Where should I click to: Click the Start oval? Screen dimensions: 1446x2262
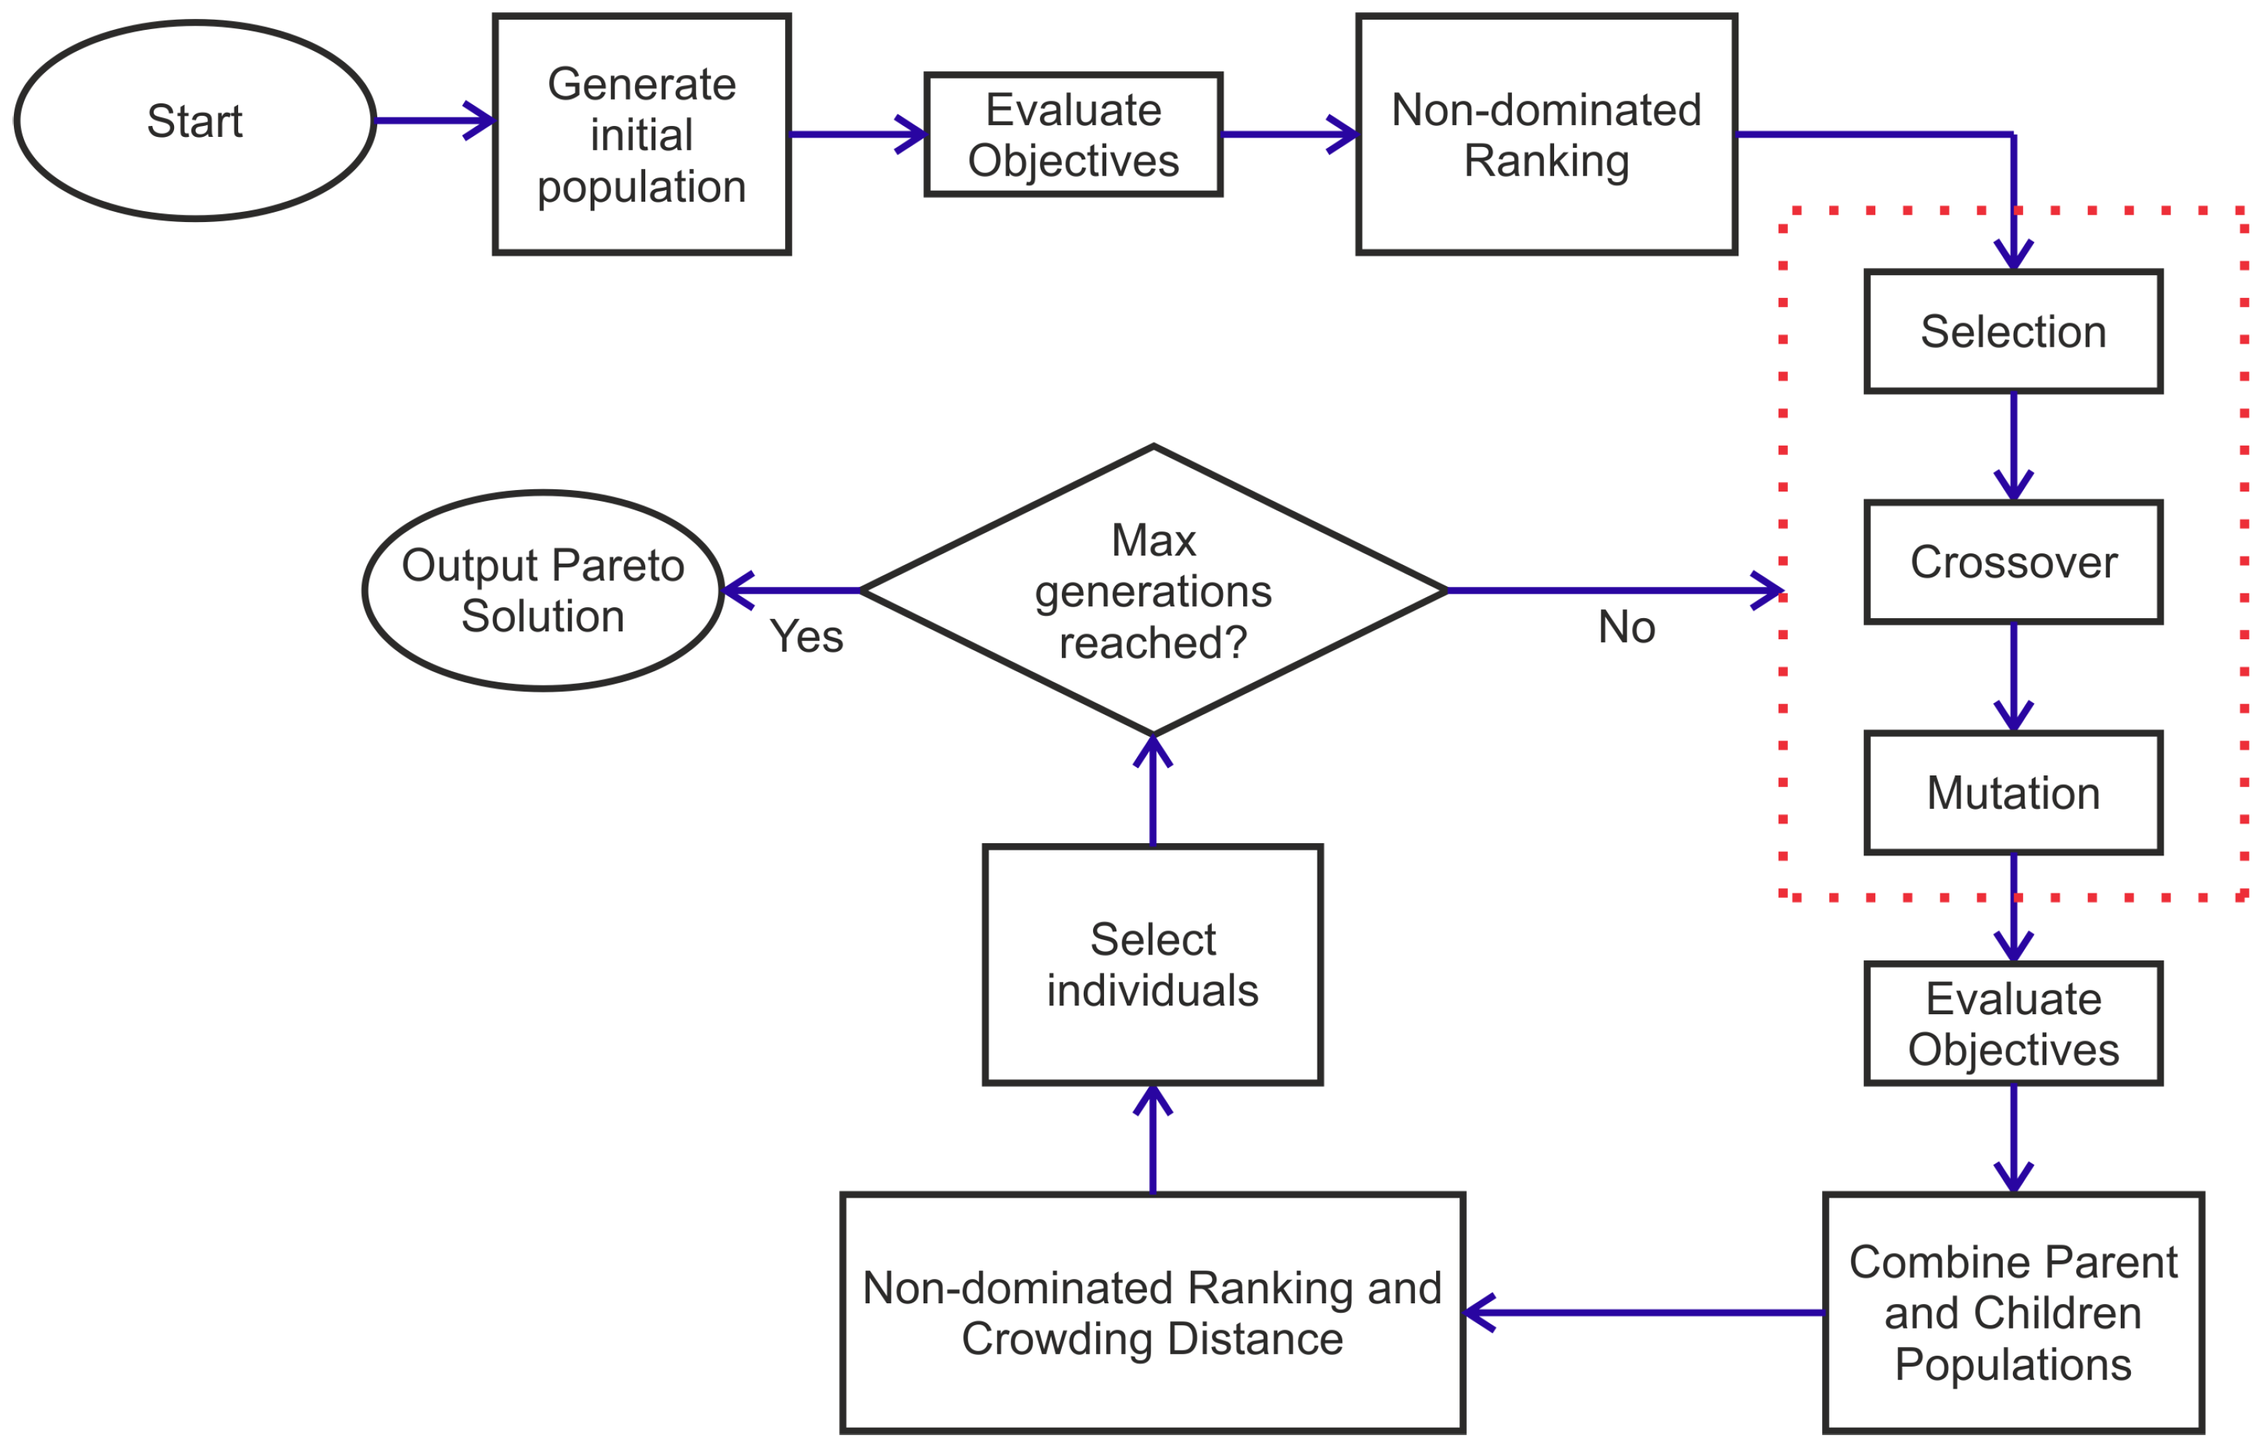(x=194, y=120)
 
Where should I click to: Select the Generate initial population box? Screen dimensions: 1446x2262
(x=642, y=134)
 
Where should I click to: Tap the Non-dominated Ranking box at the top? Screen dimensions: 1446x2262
(x=1546, y=134)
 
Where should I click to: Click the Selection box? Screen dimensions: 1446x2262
(x=2013, y=331)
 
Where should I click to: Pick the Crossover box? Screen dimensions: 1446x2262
(x=2013, y=562)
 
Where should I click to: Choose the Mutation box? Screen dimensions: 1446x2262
(x=2013, y=794)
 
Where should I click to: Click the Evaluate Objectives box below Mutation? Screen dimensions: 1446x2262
(x=2013, y=1024)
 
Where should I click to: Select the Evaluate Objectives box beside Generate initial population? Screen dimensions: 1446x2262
(x=1073, y=134)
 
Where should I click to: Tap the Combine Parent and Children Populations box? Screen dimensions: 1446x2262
(x=2013, y=1313)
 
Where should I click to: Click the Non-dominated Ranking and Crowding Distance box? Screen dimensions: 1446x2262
(x=1153, y=1313)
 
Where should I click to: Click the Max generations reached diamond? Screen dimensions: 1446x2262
(x=1153, y=590)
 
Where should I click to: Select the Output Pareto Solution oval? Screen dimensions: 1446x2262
(x=543, y=590)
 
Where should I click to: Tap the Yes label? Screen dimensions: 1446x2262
(x=806, y=636)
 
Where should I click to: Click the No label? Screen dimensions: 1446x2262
(x=1626, y=627)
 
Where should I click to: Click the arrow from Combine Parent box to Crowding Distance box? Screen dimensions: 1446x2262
(x=1644, y=1313)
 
